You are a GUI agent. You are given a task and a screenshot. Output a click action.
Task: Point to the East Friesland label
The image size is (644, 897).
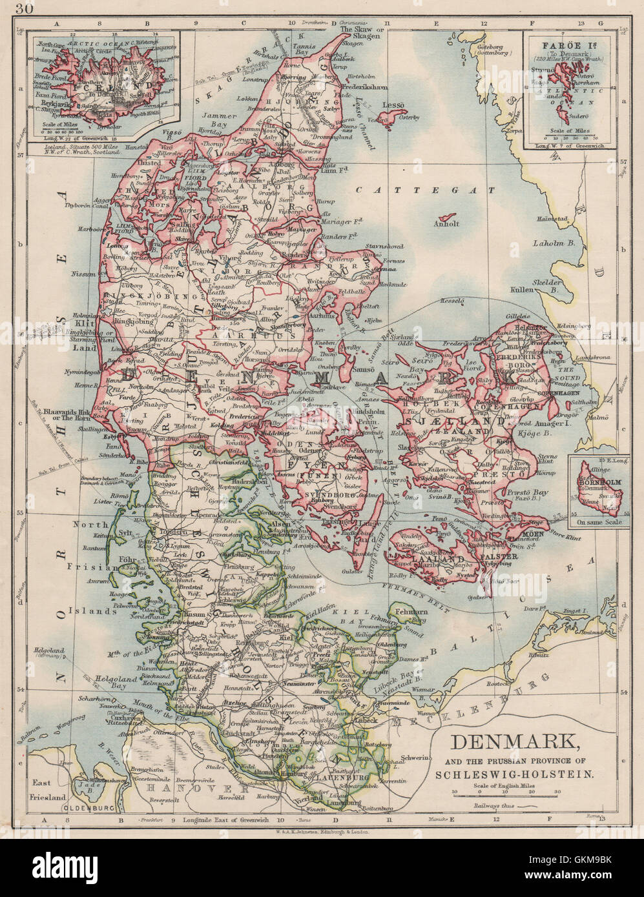pos(48,790)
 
